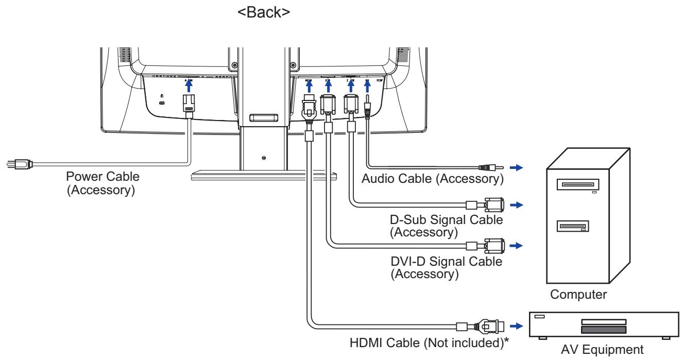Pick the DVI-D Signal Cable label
click(446, 268)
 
